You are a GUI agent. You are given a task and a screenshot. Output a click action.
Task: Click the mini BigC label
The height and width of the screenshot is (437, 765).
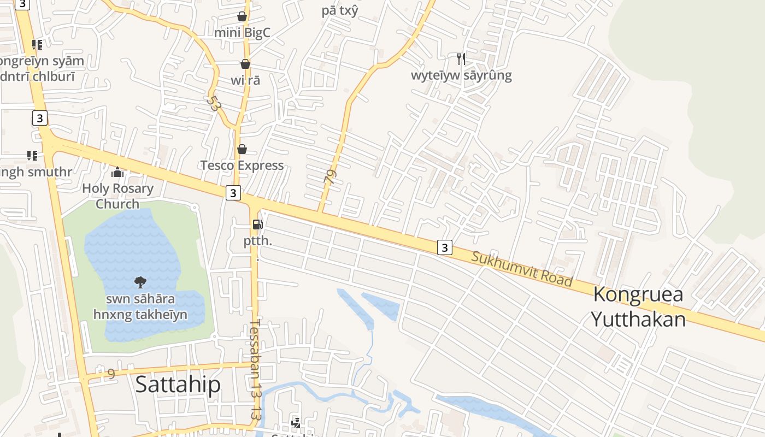pos(242,33)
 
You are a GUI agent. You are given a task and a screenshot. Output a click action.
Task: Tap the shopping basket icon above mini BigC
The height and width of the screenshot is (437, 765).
pos(242,17)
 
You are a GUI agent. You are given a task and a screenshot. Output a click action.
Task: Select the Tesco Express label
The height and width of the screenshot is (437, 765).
pos(242,166)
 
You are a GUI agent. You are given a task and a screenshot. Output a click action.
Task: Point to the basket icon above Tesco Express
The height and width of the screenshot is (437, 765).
pos(242,149)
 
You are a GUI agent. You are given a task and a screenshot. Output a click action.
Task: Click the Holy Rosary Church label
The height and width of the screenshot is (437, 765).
pos(117,196)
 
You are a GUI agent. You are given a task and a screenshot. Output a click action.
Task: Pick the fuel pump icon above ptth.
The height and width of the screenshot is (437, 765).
pos(257,224)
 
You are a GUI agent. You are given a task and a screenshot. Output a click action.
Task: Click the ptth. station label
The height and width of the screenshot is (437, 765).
pos(258,241)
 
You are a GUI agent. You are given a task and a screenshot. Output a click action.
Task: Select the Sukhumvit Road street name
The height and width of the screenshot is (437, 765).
pos(522,269)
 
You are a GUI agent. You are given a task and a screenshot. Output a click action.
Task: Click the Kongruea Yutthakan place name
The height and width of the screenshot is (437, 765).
pos(638,306)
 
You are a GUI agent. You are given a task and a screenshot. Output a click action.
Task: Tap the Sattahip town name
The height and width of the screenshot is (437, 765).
pos(178,385)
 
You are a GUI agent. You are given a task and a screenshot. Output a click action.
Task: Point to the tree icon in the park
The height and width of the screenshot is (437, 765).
pos(140,282)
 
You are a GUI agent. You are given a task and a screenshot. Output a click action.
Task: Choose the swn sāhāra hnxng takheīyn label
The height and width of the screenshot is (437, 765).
pos(140,307)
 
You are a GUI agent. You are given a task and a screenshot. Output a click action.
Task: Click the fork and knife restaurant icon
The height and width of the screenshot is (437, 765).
pos(461,58)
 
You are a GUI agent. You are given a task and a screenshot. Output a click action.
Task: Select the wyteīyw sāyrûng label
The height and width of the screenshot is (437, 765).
pos(461,75)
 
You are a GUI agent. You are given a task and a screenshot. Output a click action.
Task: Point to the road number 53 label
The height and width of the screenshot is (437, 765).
pos(213,104)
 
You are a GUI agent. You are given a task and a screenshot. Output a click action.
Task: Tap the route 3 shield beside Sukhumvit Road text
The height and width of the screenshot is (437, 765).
pos(445,247)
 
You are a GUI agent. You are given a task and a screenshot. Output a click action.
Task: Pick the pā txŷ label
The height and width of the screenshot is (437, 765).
pos(340,10)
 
